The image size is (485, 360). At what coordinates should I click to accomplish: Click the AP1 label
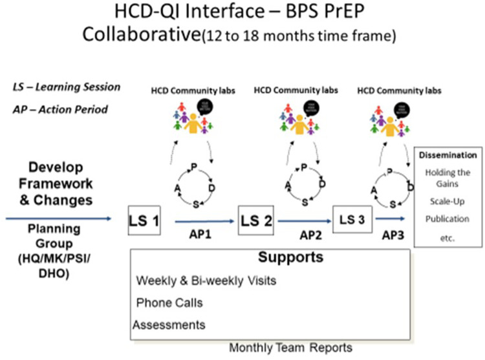point(204,235)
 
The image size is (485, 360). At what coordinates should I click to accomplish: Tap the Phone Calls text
point(169,302)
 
